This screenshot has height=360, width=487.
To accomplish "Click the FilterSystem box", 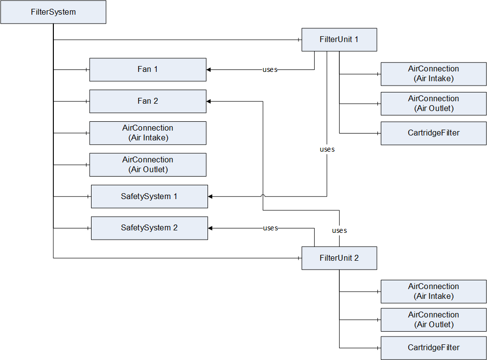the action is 53,12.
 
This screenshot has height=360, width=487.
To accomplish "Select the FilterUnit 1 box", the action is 339,40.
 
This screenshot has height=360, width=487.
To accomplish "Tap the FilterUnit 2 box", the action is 339,258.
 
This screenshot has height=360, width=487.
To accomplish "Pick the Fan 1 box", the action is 148,69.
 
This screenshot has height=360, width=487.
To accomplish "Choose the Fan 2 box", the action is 148,101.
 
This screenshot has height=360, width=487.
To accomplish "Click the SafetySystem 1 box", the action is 149,197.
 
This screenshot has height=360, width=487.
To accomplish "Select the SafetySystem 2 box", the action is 149,228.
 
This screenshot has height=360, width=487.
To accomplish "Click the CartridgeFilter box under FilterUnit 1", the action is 434,133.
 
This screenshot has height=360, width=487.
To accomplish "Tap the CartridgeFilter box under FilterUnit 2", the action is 434,348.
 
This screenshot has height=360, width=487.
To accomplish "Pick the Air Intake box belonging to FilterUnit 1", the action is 434,74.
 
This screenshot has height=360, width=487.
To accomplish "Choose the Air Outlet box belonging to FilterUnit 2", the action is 434,320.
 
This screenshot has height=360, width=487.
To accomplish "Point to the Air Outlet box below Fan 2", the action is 148,165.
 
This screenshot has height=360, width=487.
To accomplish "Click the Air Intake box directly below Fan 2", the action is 148,133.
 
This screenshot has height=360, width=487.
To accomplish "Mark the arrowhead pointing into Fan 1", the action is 209,69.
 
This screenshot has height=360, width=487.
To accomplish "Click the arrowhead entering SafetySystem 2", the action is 210,228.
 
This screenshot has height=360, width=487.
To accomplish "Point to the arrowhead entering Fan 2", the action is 209,101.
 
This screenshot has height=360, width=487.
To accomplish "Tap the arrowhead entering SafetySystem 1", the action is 210,197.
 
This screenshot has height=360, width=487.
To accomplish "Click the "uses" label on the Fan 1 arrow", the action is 270,70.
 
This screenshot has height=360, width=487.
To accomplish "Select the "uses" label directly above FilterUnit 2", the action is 340,230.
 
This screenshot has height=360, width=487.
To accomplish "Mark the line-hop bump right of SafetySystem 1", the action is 263,196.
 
